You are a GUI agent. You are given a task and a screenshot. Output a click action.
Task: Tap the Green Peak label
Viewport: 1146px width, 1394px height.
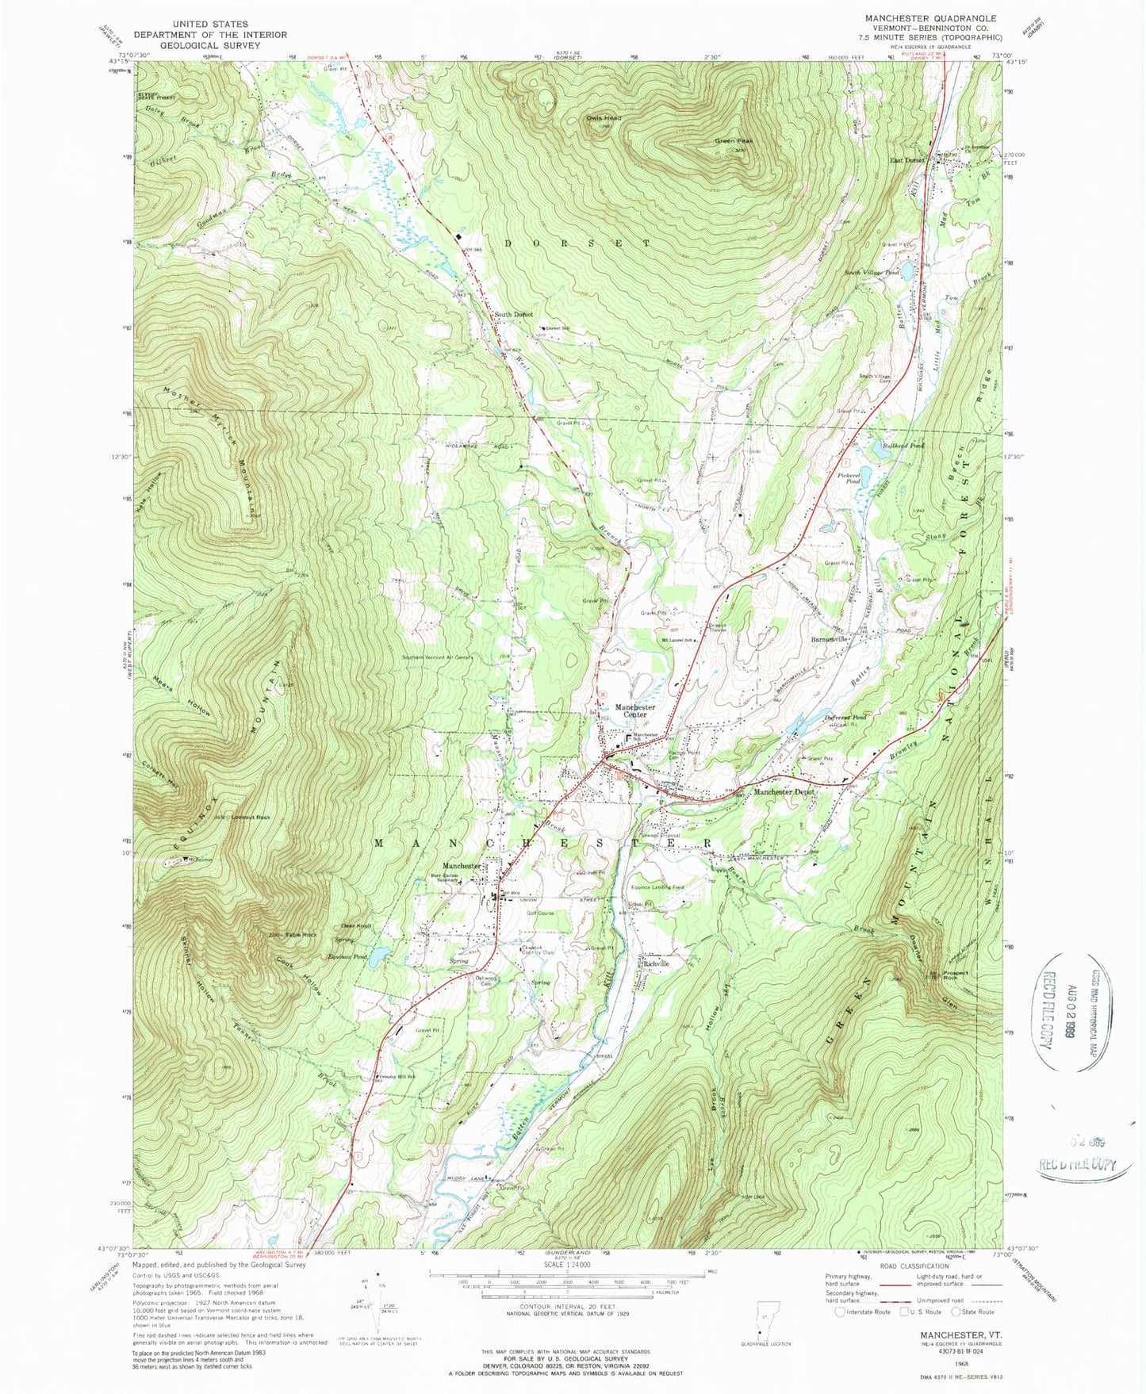(x=734, y=141)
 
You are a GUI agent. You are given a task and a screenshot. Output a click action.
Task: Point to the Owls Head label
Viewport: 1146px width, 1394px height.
(x=604, y=118)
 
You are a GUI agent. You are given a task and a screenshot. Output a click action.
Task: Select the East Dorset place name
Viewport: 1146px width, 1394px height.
(x=907, y=160)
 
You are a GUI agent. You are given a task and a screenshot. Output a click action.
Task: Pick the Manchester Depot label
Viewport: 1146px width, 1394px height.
(x=784, y=792)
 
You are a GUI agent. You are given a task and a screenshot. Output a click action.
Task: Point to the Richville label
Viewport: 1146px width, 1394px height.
(x=657, y=963)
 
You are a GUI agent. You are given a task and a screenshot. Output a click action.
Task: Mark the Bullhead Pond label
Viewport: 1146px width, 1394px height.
(x=903, y=446)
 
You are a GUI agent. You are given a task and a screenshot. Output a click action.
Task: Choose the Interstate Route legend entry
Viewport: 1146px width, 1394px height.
(x=860, y=1334)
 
